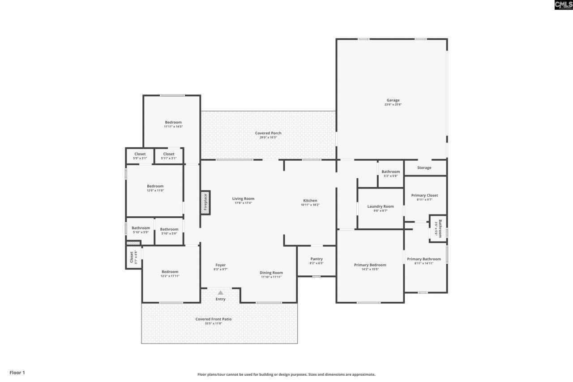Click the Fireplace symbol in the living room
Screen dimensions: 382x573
point(205,202)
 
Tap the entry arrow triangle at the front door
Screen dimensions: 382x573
point(220,292)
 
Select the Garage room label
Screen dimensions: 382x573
point(393,100)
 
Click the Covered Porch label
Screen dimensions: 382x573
point(268,133)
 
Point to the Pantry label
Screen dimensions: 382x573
point(316,259)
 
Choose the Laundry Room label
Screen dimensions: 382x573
point(381,206)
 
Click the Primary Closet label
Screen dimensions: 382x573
point(424,195)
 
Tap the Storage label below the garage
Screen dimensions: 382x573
point(424,168)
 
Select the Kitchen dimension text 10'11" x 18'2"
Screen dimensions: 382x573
point(310,205)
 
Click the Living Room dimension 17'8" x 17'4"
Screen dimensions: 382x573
point(243,203)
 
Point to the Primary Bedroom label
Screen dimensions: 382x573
point(370,265)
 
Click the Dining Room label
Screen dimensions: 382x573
point(271,273)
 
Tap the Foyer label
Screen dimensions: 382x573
point(220,265)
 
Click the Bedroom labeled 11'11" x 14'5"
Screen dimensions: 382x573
point(173,122)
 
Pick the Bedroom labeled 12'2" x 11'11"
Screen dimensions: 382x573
point(170,272)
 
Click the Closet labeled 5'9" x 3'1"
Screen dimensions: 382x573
point(140,154)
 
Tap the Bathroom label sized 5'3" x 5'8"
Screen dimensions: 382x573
point(391,172)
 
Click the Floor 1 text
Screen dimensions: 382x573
point(17,373)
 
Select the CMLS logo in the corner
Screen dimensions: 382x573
point(563,5)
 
